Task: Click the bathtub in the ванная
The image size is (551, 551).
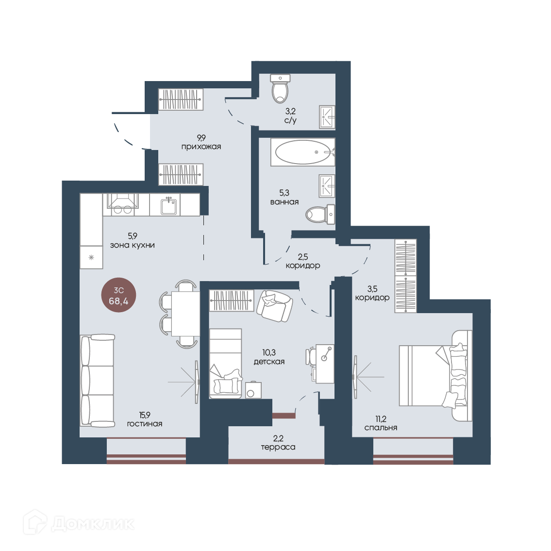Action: coord(302,152)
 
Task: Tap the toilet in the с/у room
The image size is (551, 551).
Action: coord(280,88)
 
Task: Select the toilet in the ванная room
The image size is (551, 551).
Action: coord(320,214)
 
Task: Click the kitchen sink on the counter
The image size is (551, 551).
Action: coord(168,205)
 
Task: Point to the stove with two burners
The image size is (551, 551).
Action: coord(123,204)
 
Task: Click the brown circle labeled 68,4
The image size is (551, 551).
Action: coord(118,295)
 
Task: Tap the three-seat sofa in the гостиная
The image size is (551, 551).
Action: coord(98,381)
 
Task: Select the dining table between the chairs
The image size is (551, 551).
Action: coord(185,314)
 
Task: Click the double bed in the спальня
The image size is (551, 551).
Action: coord(436,376)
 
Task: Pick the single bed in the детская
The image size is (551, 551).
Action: coord(226,363)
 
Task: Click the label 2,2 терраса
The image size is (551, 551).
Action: coord(278,443)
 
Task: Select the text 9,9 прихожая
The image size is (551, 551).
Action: coord(201,142)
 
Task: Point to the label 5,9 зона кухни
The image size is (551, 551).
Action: coord(133,240)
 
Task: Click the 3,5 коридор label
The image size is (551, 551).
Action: coord(372,293)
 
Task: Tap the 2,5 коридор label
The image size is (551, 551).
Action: coord(303,261)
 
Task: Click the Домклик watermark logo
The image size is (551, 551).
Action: coord(79,524)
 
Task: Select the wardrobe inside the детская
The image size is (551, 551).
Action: coord(232,301)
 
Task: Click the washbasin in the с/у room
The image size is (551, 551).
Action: coord(327,117)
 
